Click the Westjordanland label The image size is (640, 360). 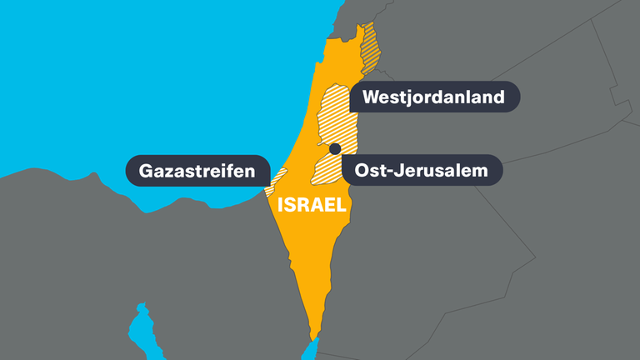(434, 97)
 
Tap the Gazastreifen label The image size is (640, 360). (197, 172)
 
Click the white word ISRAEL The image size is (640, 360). (312, 204)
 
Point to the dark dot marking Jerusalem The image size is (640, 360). (335, 149)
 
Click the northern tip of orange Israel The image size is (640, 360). (361, 27)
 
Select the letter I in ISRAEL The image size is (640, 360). (281, 204)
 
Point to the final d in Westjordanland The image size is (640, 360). (499, 97)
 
